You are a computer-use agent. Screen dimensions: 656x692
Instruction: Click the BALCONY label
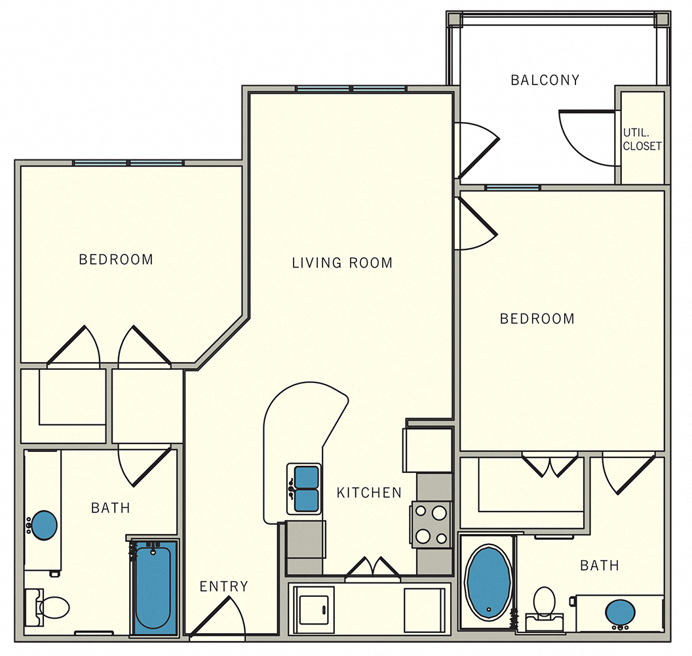tap(545, 80)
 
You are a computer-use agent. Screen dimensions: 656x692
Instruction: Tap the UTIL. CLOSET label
tap(642, 140)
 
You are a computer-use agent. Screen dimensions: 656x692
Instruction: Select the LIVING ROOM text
tap(342, 263)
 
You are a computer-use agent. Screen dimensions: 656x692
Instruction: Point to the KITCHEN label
tap(369, 493)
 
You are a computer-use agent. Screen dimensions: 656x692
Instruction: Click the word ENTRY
tap(224, 586)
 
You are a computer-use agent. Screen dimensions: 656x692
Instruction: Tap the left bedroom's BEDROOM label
tap(116, 260)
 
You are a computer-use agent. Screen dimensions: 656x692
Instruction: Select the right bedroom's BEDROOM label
tap(537, 319)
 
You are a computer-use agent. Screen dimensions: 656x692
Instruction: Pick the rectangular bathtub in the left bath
tap(153, 587)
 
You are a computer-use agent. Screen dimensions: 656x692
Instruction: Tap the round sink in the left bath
tap(45, 525)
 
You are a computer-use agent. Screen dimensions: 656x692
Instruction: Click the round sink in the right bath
tap(619, 613)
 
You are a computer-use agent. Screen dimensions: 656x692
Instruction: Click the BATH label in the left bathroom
tap(110, 508)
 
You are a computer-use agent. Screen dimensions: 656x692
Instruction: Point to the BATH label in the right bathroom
tap(599, 565)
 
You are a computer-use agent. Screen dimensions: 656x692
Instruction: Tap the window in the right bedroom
tap(512, 188)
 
